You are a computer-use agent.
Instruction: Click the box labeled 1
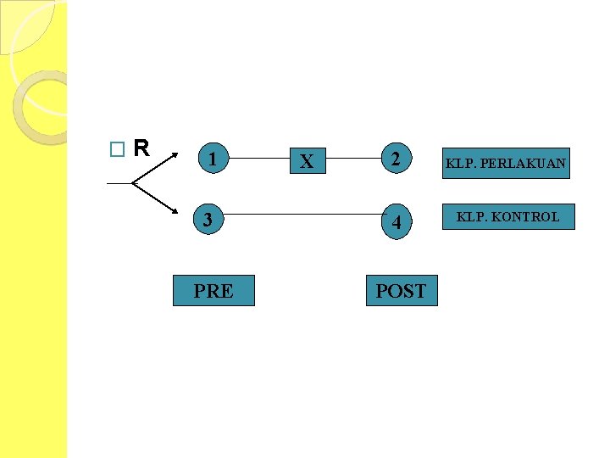pos(213,159)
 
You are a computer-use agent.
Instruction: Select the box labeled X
pos(307,160)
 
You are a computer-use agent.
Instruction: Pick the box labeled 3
pos(208,221)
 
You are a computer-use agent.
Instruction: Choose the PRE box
pos(213,291)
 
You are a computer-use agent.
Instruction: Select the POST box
pos(401,291)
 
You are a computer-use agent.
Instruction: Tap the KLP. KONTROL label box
pos(508,217)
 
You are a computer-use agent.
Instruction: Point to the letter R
pos(141,149)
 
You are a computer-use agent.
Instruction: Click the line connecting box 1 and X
pos(261,158)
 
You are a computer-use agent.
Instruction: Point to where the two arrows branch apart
pos(132,182)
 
